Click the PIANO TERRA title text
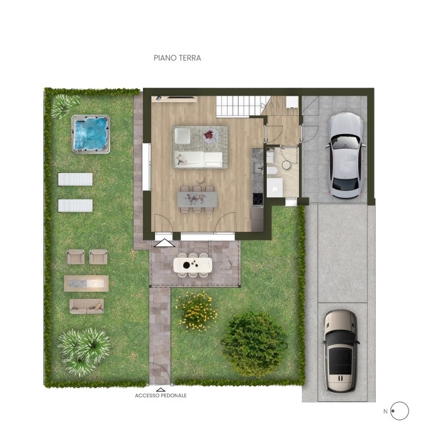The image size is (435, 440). click(x=177, y=58)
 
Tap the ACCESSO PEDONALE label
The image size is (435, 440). click(x=161, y=396)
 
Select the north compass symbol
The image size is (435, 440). click(x=399, y=411)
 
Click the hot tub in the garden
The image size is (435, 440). click(x=90, y=134)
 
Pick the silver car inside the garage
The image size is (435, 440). click(x=345, y=153)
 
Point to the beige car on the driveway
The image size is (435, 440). click(x=340, y=351)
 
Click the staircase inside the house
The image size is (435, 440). click(x=239, y=106)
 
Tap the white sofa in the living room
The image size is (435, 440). click(x=198, y=159)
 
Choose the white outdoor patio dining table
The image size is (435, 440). click(x=193, y=265)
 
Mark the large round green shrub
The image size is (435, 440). click(x=254, y=343)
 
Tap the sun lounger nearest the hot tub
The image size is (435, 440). click(x=75, y=179)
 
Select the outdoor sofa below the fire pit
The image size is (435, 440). click(x=86, y=306)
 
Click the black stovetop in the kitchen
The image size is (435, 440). click(x=258, y=200)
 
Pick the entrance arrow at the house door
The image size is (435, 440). click(x=164, y=243)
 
